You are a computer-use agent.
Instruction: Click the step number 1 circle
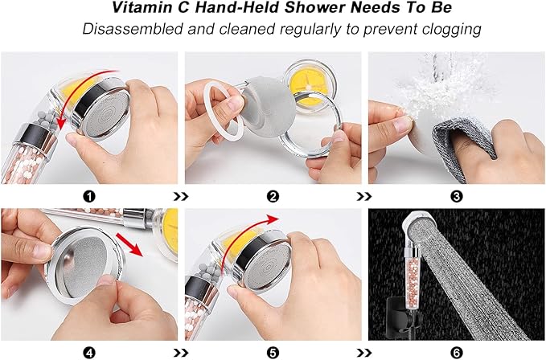pyautogui.click(x=89, y=195)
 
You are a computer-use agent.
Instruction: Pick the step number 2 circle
pyautogui.click(x=273, y=195)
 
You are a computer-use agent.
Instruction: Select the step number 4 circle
pyautogui.click(x=89, y=351)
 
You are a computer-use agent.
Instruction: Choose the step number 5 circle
pyautogui.click(x=273, y=351)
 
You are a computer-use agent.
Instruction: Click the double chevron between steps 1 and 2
pyautogui.click(x=182, y=195)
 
